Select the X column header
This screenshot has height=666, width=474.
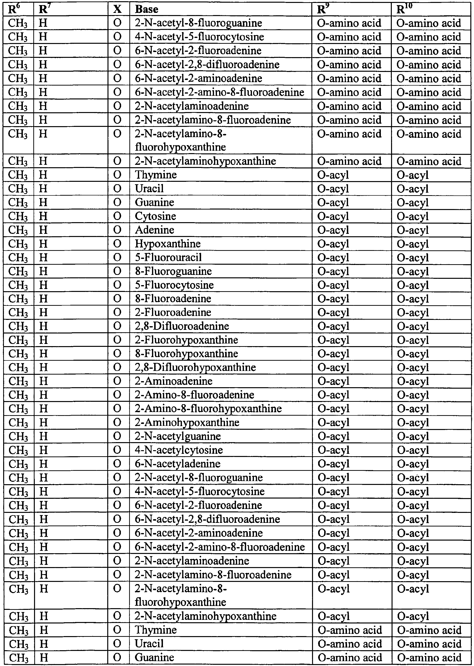(117, 9)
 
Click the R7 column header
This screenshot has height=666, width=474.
(43, 9)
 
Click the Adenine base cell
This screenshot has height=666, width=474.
(154, 230)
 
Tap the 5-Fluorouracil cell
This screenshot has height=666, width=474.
(168, 257)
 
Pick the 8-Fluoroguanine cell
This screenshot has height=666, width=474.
(173, 271)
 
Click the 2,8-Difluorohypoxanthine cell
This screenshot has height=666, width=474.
(195, 367)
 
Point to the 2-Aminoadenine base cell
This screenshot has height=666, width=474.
(173, 381)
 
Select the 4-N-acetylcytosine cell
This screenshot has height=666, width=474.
(179, 450)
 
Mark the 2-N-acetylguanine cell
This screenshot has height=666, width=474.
(178, 436)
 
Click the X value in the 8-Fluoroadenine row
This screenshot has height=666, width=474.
(117, 299)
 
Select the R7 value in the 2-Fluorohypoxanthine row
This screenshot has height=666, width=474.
(43, 340)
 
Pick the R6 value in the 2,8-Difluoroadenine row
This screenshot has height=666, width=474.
(18, 326)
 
